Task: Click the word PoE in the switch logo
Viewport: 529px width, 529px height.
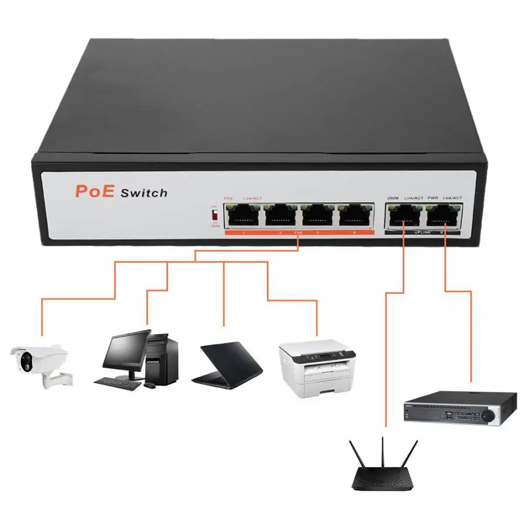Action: click(93, 191)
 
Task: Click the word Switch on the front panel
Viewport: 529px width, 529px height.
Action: click(143, 193)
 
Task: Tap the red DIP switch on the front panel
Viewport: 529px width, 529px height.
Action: click(215, 215)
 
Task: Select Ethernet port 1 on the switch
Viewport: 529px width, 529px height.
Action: click(243, 216)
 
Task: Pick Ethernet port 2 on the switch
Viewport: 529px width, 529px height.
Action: click(280, 216)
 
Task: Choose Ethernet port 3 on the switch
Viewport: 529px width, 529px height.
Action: click(317, 216)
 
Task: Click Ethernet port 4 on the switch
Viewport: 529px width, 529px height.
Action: click(355, 216)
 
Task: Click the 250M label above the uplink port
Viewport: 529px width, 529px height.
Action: click(393, 198)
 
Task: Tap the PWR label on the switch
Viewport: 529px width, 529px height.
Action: click(433, 198)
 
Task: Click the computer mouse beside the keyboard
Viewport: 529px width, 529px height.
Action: click(150, 386)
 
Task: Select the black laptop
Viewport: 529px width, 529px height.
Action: click(228, 364)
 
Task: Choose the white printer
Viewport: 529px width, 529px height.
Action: click(317, 367)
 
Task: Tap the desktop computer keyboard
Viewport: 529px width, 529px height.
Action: click(118, 384)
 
